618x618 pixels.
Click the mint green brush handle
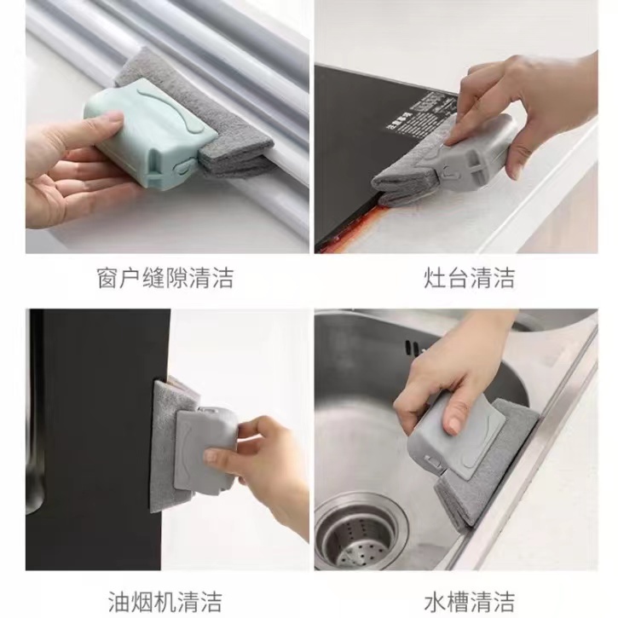coord(150,133)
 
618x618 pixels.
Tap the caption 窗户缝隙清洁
coord(165,278)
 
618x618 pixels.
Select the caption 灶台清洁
coord(469,278)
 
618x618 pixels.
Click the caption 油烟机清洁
coord(165,602)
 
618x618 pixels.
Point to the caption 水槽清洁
coord(469,602)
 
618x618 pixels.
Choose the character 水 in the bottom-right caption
coord(435,602)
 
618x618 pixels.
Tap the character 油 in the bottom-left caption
coord(119,602)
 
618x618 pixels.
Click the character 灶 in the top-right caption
coord(435,278)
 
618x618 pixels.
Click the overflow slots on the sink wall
coord(413,348)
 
